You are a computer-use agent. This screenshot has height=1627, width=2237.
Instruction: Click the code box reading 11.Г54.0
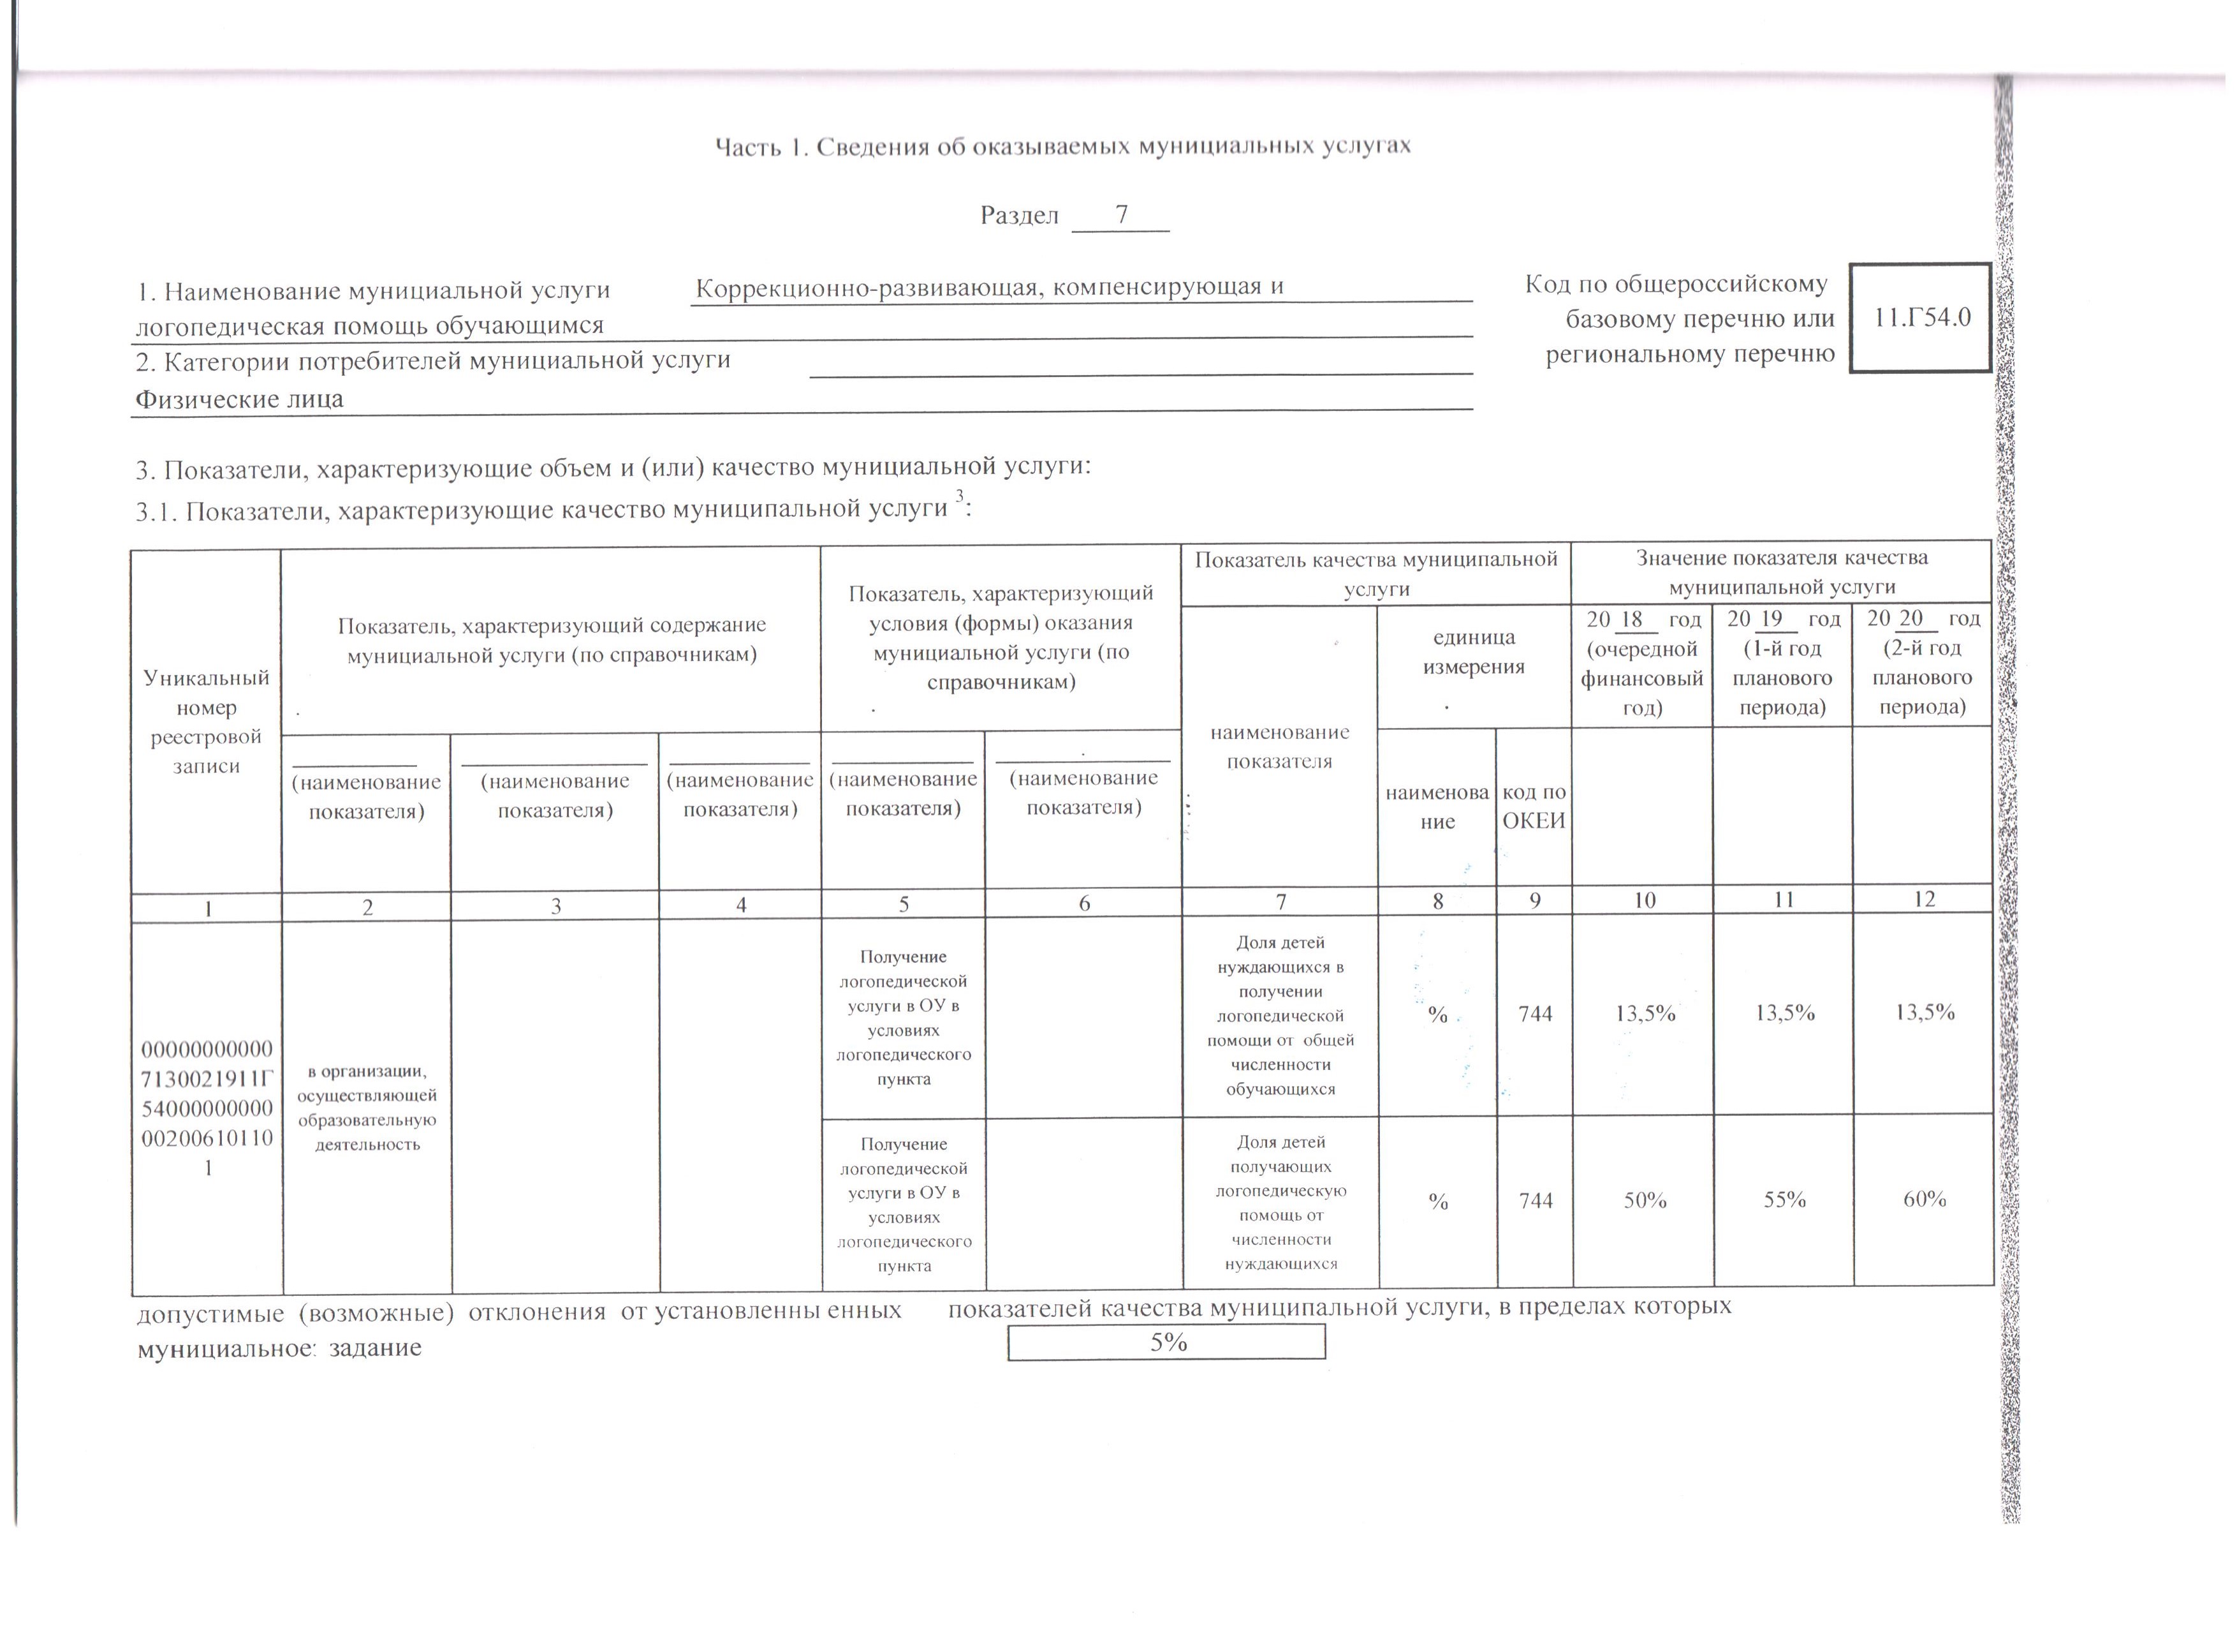pos(1920,318)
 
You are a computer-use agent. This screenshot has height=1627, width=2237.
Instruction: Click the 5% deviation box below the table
pos(1167,1342)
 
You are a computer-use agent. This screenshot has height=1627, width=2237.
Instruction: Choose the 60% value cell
pos(1925,1200)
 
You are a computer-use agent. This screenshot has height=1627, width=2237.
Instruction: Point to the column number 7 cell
pos(1280,902)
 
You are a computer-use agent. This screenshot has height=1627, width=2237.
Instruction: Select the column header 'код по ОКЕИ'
pos(1534,807)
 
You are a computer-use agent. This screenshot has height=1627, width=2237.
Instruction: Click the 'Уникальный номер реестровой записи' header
pos(206,721)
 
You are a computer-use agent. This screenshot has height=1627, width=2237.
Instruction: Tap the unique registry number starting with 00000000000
pos(207,1107)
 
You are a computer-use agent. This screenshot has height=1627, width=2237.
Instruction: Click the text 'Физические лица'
pos(240,399)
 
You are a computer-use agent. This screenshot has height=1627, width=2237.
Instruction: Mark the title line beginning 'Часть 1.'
pos(1062,147)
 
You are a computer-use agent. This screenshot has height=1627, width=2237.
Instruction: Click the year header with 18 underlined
pos(1642,663)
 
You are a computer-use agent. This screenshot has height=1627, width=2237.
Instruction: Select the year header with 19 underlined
pos(1784,663)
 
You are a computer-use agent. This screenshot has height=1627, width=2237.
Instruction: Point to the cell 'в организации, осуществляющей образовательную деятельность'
pos(367,1107)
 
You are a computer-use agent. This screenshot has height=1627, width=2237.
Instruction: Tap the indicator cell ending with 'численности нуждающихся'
pos(1280,1203)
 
